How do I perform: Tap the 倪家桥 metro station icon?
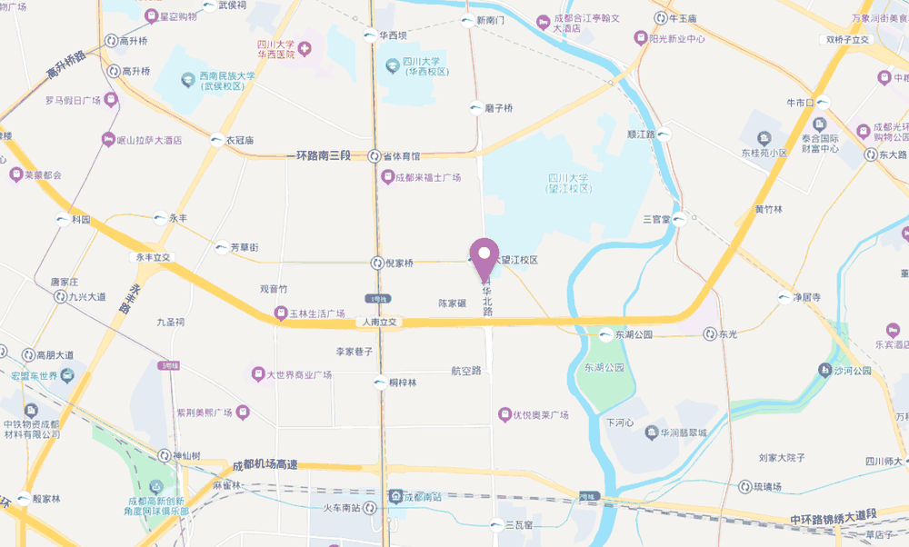point(377,264)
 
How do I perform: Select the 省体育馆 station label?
point(401,156)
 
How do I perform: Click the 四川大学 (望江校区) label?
point(569,183)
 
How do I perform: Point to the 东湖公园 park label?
point(600,368)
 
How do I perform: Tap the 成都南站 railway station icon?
point(395,496)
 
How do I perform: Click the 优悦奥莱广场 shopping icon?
point(504,415)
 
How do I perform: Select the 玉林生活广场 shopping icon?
point(281,314)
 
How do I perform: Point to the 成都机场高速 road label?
point(265,464)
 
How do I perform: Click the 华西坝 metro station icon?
point(369,36)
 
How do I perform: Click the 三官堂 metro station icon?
point(680,219)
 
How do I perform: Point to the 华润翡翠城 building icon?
point(651,433)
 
